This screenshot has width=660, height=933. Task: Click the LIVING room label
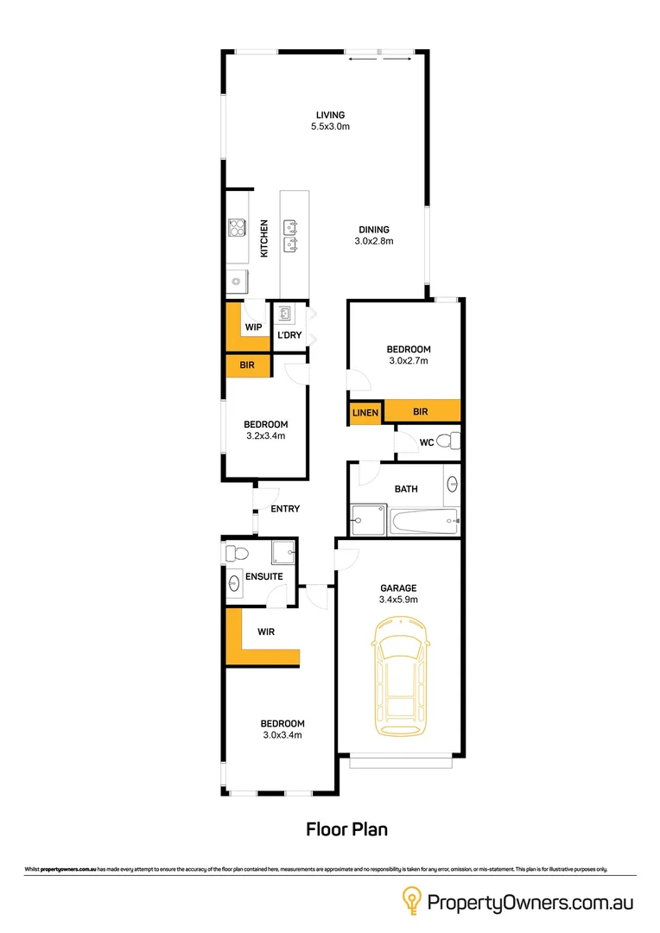pos(330,115)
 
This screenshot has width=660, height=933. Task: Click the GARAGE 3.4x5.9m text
pos(398,593)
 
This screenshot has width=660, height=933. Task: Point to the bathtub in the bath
pos(423,521)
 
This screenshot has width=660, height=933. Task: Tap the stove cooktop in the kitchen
pos(237,229)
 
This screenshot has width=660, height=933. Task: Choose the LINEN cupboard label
pos(365,414)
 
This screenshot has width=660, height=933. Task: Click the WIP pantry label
pos(253,327)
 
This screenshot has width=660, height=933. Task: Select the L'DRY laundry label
pos(289,335)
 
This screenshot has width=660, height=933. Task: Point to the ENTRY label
pos(285,509)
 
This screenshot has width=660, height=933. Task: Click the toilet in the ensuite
pos(235,552)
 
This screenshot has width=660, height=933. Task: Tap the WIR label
pos(265,632)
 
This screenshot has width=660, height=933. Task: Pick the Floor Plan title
pos(347,829)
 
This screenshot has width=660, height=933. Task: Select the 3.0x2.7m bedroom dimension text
pos(409,361)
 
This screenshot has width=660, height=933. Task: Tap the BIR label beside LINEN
pos(421,413)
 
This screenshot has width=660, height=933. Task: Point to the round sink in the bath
pos(453,486)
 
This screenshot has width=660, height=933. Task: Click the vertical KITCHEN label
pos(264,238)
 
